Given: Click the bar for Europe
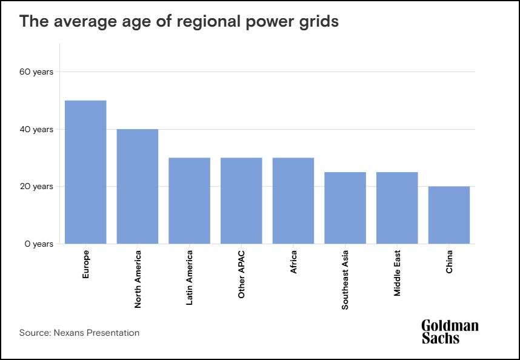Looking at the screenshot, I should tap(85, 172).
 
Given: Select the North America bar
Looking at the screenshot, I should tap(138, 187).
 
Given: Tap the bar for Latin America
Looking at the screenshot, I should tap(189, 201).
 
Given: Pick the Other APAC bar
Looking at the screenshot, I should tap(241, 201).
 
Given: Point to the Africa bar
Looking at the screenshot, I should tap(293, 201).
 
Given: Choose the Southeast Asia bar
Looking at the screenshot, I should tap(345, 208).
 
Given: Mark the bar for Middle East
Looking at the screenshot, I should tap(397, 208).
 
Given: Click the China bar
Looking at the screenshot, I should tap(449, 215).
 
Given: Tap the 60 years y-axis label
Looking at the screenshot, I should tap(36, 72).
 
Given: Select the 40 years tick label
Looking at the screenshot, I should tap(36, 130).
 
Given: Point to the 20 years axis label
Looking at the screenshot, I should tap(36, 187).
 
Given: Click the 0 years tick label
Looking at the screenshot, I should tap(38, 244).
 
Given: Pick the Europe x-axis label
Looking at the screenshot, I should tap(86, 264).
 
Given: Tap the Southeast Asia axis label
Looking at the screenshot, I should tap(345, 279).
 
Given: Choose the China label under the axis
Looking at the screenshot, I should tap(450, 262).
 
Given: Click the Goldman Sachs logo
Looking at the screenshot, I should tap(450, 332).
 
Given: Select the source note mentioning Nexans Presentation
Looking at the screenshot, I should tap(79, 333).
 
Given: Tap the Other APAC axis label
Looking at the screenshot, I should tap(242, 274).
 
